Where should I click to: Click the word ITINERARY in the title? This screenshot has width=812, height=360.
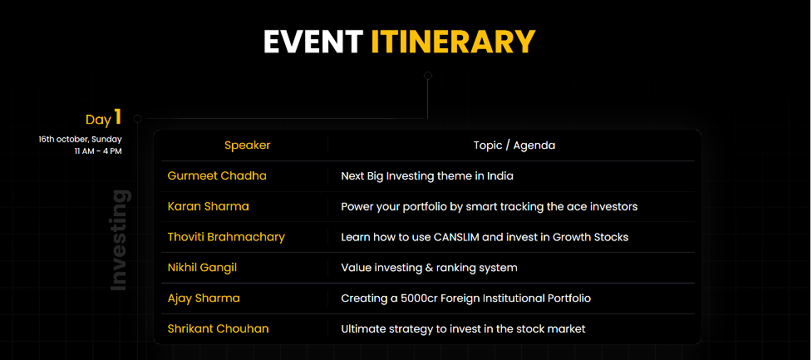pyautogui.click(x=453, y=42)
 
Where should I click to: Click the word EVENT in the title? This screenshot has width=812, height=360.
pyautogui.click(x=312, y=42)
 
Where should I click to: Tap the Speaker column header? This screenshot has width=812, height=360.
pyautogui.click(x=247, y=145)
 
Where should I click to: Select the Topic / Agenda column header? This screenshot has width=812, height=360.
pyautogui.click(x=514, y=145)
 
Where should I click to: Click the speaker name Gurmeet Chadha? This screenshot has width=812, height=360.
pyautogui.click(x=217, y=176)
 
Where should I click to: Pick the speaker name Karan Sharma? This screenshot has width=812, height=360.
pyautogui.click(x=208, y=207)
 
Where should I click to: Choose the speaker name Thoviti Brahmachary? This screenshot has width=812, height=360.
pyautogui.click(x=226, y=237)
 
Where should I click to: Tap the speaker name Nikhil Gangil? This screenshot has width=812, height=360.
pyautogui.click(x=203, y=268)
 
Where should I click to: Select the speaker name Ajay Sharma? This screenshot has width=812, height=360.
pyautogui.click(x=204, y=298)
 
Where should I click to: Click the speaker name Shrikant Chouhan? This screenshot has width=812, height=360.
pyautogui.click(x=218, y=329)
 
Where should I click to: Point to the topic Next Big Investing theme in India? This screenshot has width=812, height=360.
pyautogui.click(x=427, y=176)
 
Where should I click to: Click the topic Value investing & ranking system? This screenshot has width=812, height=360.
pyautogui.click(x=429, y=268)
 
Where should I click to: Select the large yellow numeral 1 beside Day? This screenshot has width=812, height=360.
pyautogui.click(x=118, y=117)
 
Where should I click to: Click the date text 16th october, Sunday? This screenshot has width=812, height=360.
pyautogui.click(x=81, y=140)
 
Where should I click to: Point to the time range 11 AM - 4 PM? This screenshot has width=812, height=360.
pyautogui.click(x=98, y=151)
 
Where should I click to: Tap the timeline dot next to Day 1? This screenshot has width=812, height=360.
pyautogui.click(x=137, y=119)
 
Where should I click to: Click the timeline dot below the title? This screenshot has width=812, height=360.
pyautogui.click(x=428, y=76)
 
